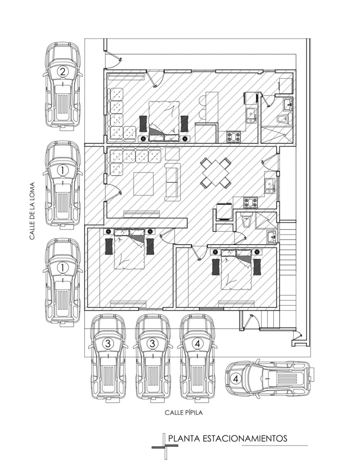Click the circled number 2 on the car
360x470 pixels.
pyautogui.click(x=63, y=72)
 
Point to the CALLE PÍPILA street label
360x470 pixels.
pyautogui.click(x=184, y=412)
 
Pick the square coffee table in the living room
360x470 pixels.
pyautogui.click(x=143, y=184)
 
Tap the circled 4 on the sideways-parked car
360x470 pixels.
pyautogui.click(x=236, y=379)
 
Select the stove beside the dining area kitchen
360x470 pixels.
pyautogui.click(x=251, y=202)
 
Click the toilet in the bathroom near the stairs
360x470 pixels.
pyautogui.click(x=247, y=220)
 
